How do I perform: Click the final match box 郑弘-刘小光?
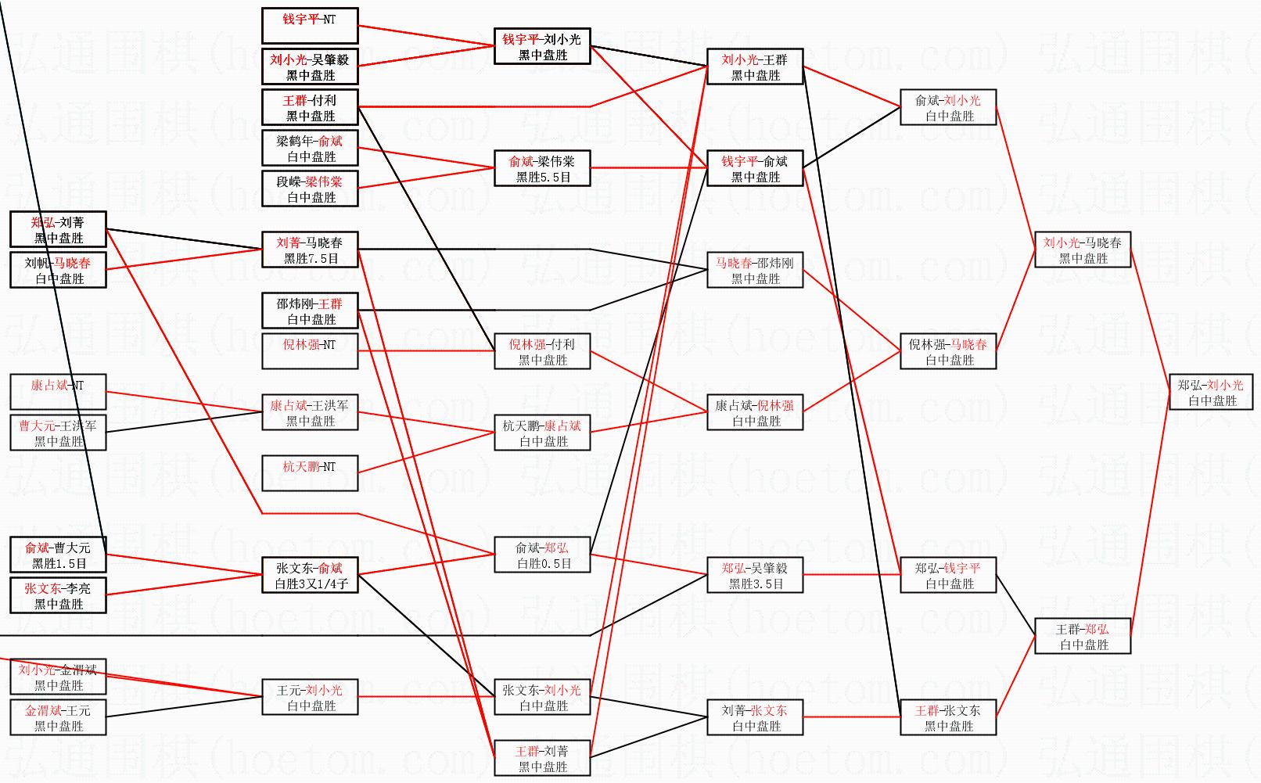pyautogui.click(x=1211, y=392)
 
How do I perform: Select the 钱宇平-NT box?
pyautogui.click(x=310, y=26)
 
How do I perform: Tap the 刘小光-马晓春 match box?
pyautogui.click(x=1083, y=250)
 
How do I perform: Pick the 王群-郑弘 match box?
pyautogui.click(x=1083, y=636)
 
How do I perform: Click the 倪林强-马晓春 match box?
pyautogui.click(x=948, y=351)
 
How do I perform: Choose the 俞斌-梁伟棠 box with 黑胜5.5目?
pyautogui.click(x=542, y=168)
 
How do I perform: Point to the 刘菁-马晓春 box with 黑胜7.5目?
pyautogui.click(x=310, y=250)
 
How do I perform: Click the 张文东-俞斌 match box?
pyautogui.click(x=310, y=575)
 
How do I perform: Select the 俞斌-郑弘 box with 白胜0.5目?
pyautogui.click(x=542, y=555)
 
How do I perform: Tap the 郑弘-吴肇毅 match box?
pyautogui.click(x=755, y=575)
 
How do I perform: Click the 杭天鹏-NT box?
pyautogui.click(x=310, y=473)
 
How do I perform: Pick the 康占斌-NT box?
pyautogui.click(x=58, y=392)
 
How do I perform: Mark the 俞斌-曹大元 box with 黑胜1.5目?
pyautogui.click(x=58, y=555)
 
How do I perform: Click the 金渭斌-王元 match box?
pyautogui.click(x=58, y=717)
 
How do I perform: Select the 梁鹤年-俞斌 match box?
pyautogui.click(x=310, y=148)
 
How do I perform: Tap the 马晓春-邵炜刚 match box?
pyautogui.click(x=755, y=270)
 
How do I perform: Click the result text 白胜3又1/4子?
pyautogui.click(x=311, y=584)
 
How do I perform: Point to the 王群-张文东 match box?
pyautogui.click(x=948, y=717)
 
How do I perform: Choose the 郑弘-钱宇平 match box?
pyautogui.click(x=948, y=575)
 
